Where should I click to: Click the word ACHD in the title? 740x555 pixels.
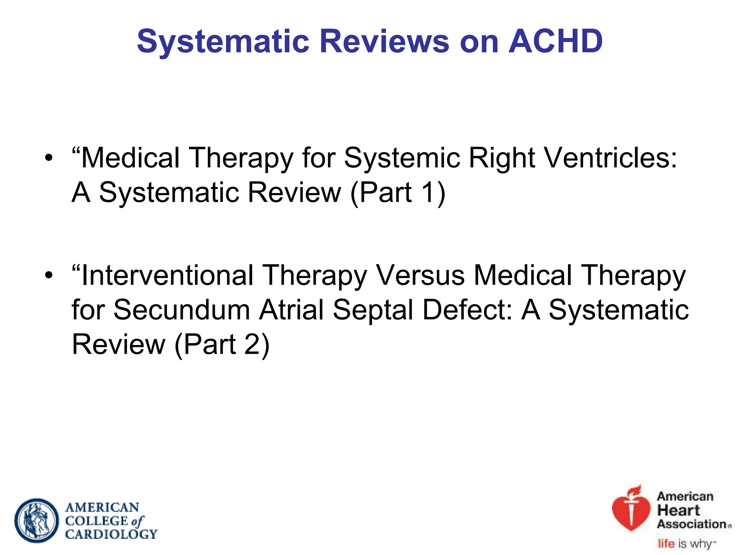[555, 41]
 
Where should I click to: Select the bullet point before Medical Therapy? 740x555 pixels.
[49, 158]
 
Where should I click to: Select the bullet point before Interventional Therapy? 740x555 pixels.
[49, 275]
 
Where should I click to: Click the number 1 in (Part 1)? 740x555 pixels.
[428, 192]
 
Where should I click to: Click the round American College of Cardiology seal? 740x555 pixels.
[36, 520]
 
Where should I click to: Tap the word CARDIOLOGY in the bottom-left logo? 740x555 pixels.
[111, 534]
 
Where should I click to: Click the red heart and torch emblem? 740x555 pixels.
[631, 509]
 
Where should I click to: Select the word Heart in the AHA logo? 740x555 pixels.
[678, 511]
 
